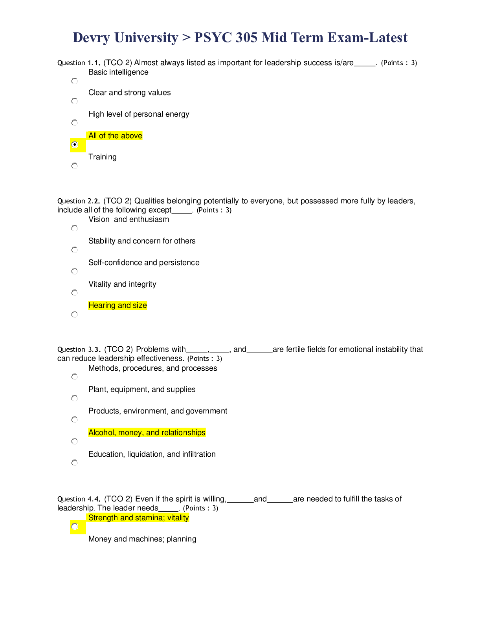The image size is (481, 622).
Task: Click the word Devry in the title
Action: pyautogui.click(x=86, y=38)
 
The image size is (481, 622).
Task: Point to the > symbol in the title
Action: pyautogui.click(x=186, y=38)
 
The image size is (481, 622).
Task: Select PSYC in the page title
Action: pyautogui.click(x=212, y=38)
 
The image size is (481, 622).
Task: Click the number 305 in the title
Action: pyautogui.click(x=247, y=38)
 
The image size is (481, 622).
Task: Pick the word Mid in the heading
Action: pyautogui.click(x=274, y=38)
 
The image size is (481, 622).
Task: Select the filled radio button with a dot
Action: pyautogui.click(x=75, y=145)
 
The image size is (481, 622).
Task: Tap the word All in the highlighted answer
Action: pyautogui.click(x=93, y=136)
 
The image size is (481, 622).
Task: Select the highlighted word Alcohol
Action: pyautogui.click(x=101, y=433)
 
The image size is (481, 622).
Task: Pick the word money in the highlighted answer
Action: pyautogui.click(x=129, y=433)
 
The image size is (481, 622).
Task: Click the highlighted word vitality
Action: pyautogui.click(x=178, y=518)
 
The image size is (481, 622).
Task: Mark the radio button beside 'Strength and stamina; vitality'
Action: pyautogui.click(x=75, y=527)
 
